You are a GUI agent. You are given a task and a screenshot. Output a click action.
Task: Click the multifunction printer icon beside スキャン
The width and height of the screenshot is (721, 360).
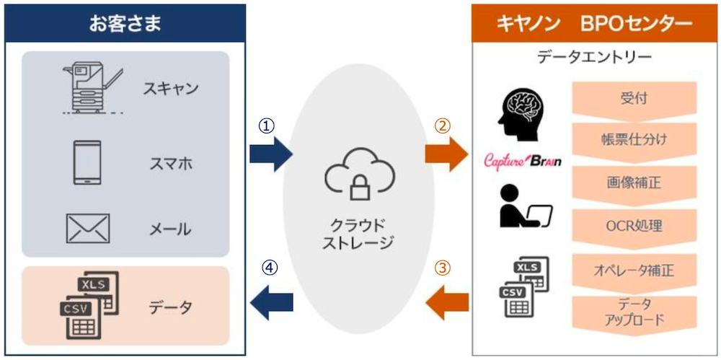pos(92,87)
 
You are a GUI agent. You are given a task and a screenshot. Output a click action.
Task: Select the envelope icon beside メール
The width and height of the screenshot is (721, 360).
pos(87,229)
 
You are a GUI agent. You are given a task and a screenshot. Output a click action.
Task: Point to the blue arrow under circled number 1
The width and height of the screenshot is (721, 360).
pos(270,154)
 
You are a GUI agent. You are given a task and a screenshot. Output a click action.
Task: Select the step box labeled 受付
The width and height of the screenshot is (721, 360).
pos(634,98)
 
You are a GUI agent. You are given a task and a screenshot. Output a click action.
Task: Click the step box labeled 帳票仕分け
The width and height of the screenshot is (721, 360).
pos(634,140)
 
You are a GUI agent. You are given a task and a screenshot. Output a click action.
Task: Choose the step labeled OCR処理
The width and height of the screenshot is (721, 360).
pos(634,225)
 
